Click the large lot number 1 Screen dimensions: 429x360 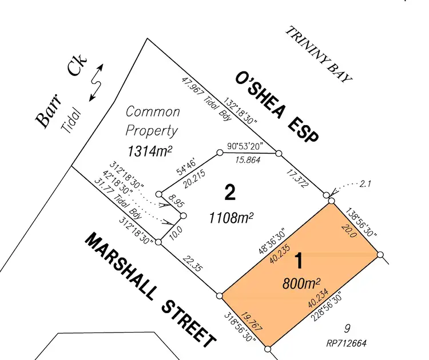[x=300, y=261]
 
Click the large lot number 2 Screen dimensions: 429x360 [x=230, y=193]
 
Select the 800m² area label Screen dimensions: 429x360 [x=301, y=283]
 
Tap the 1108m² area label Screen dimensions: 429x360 [x=231, y=218]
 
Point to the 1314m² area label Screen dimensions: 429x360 [x=150, y=151]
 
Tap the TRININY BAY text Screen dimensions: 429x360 [x=319, y=54]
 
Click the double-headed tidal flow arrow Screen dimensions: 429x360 [x=96, y=82]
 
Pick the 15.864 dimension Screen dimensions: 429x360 [x=248, y=159]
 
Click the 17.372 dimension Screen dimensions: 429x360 [x=297, y=178]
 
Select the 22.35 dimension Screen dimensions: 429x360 [x=193, y=263]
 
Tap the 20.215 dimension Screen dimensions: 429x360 [x=194, y=179]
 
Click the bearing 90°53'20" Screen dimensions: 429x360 [x=245, y=146]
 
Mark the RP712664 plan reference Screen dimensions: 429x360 [x=347, y=343]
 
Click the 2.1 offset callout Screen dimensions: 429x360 [x=365, y=183]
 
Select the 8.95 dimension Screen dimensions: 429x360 [x=177, y=201]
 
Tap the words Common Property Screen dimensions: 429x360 [x=152, y=121]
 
